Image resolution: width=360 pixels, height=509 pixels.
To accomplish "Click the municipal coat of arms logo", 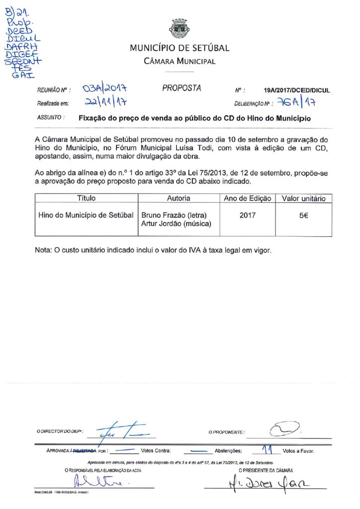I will (180, 29).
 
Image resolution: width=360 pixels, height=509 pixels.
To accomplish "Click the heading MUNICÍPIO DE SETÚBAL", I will (180, 48).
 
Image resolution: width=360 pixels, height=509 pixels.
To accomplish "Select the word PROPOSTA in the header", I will (181, 88).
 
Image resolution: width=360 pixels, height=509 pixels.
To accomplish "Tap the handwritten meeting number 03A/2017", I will (105, 89).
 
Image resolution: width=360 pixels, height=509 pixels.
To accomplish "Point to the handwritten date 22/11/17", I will (104, 103).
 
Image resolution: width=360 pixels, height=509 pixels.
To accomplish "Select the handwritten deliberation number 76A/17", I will (298, 103).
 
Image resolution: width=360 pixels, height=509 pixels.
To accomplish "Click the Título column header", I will (86, 198).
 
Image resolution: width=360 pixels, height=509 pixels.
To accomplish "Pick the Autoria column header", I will (178, 198).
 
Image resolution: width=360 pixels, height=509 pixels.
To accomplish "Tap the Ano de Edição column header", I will (247, 198).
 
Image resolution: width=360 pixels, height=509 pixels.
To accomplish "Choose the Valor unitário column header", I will (303, 198).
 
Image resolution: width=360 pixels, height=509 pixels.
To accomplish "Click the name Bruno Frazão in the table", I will (164, 215).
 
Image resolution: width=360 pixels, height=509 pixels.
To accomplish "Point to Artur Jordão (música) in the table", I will (177, 224).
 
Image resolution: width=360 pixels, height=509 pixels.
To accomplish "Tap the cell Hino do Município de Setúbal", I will (86, 215).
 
